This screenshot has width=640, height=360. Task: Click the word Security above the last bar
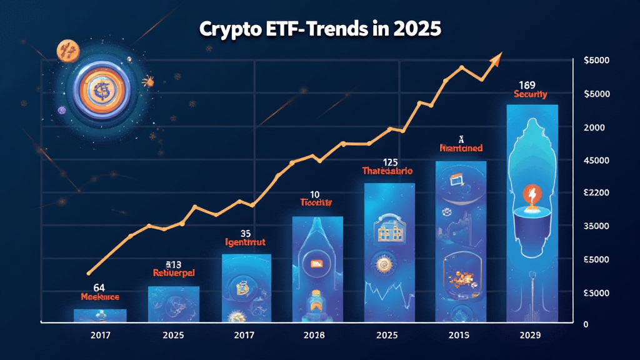click(x=530, y=94)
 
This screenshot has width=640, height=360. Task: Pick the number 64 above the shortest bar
click(x=99, y=287)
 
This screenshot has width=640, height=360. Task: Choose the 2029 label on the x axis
click(x=531, y=336)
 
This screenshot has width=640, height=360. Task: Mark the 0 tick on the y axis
click(x=586, y=324)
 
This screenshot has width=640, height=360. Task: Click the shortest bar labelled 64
click(x=100, y=316)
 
